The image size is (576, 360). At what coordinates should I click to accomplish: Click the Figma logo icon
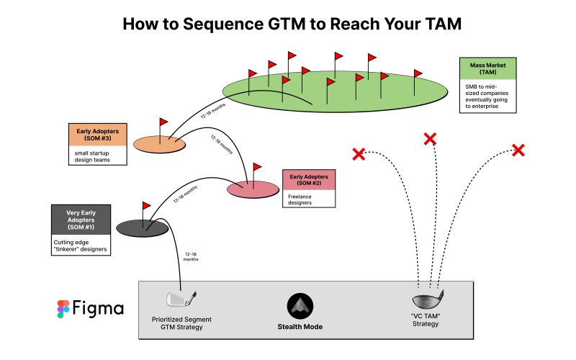click(x=63, y=309)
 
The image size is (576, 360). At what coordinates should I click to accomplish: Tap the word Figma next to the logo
click(x=98, y=309)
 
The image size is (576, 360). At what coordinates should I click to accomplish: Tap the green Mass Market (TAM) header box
click(x=487, y=68)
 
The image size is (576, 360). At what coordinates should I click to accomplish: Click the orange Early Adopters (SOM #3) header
click(x=97, y=135)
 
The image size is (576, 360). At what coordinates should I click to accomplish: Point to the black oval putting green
click(x=143, y=228)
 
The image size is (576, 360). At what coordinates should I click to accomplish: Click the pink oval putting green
click(x=252, y=189)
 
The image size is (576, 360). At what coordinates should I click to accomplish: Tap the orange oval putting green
click(x=159, y=144)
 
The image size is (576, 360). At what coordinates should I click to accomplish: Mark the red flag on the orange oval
click(x=163, y=122)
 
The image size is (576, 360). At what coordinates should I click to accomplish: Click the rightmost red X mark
click(x=518, y=150)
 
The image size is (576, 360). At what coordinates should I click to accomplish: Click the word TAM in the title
click(x=438, y=23)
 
